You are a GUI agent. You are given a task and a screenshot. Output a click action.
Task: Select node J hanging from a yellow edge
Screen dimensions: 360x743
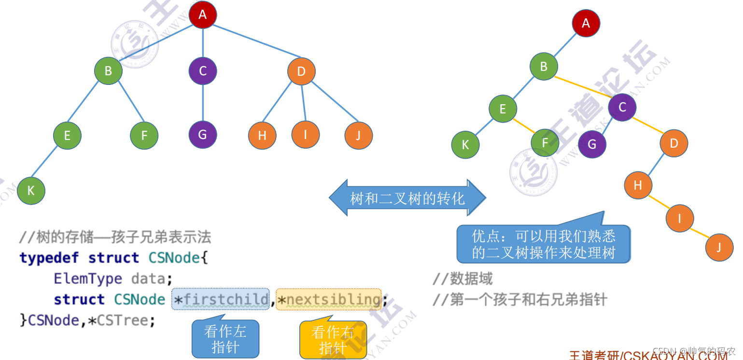click(719, 248)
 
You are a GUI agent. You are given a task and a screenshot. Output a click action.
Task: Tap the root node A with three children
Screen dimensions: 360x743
click(203, 14)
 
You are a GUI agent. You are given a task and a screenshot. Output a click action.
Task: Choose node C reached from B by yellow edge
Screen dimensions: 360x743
click(622, 107)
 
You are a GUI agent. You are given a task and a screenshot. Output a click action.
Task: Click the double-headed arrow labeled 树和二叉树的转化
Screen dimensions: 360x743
click(407, 198)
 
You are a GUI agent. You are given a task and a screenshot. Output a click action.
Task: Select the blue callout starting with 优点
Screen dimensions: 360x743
click(544, 244)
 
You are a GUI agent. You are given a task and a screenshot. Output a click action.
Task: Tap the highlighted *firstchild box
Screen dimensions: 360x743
click(221, 299)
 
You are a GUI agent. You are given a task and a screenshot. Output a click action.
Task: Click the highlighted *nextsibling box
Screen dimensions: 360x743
click(329, 299)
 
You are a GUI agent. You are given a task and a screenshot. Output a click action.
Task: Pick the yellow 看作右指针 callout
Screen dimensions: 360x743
click(333, 340)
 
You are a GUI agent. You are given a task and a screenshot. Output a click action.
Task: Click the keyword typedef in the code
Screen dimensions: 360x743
click(49, 258)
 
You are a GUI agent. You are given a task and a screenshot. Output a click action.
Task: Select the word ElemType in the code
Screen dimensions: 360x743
click(88, 279)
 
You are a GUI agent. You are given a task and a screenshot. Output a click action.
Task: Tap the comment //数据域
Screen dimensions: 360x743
click(463, 279)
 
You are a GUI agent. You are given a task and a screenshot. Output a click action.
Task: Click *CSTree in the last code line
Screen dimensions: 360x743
click(121, 320)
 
